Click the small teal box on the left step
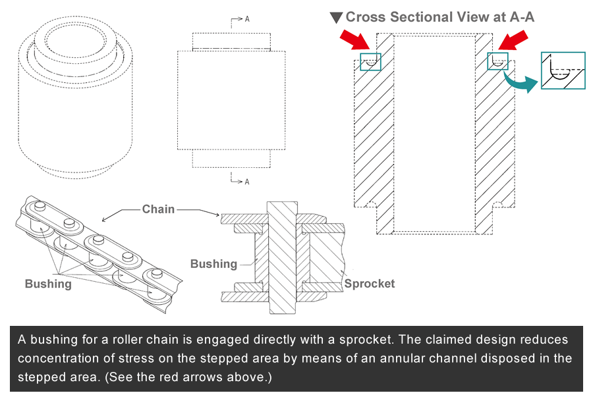point(371,61)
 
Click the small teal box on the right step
point(497,61)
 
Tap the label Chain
point(158,209)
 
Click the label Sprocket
point(369,284)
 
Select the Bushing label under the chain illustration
point(48,284)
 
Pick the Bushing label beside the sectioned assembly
point(213,264)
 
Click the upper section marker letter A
point(247,19)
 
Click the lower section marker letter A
point(247,181)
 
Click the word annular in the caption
point(407,359)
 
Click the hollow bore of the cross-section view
point(434,132)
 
